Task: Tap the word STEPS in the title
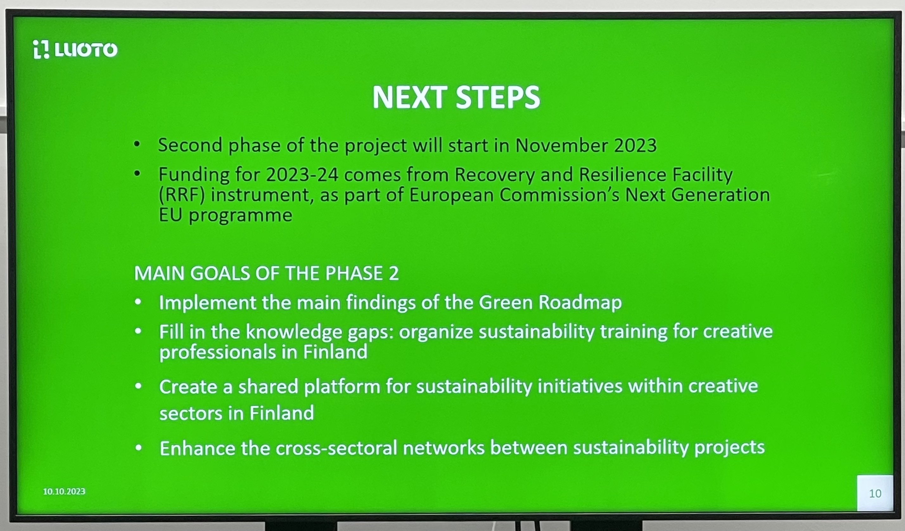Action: [x=498, y=97]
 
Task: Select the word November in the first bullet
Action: [x=562, y=145]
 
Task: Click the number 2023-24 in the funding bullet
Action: [x=302, y=175]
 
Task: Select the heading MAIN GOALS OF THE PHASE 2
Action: [x=266, y=273]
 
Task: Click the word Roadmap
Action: [x=580, y=303]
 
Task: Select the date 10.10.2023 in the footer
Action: [x=64, y=491]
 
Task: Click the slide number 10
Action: [x=875, y=494]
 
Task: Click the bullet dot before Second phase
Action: [x=137, y=145]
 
